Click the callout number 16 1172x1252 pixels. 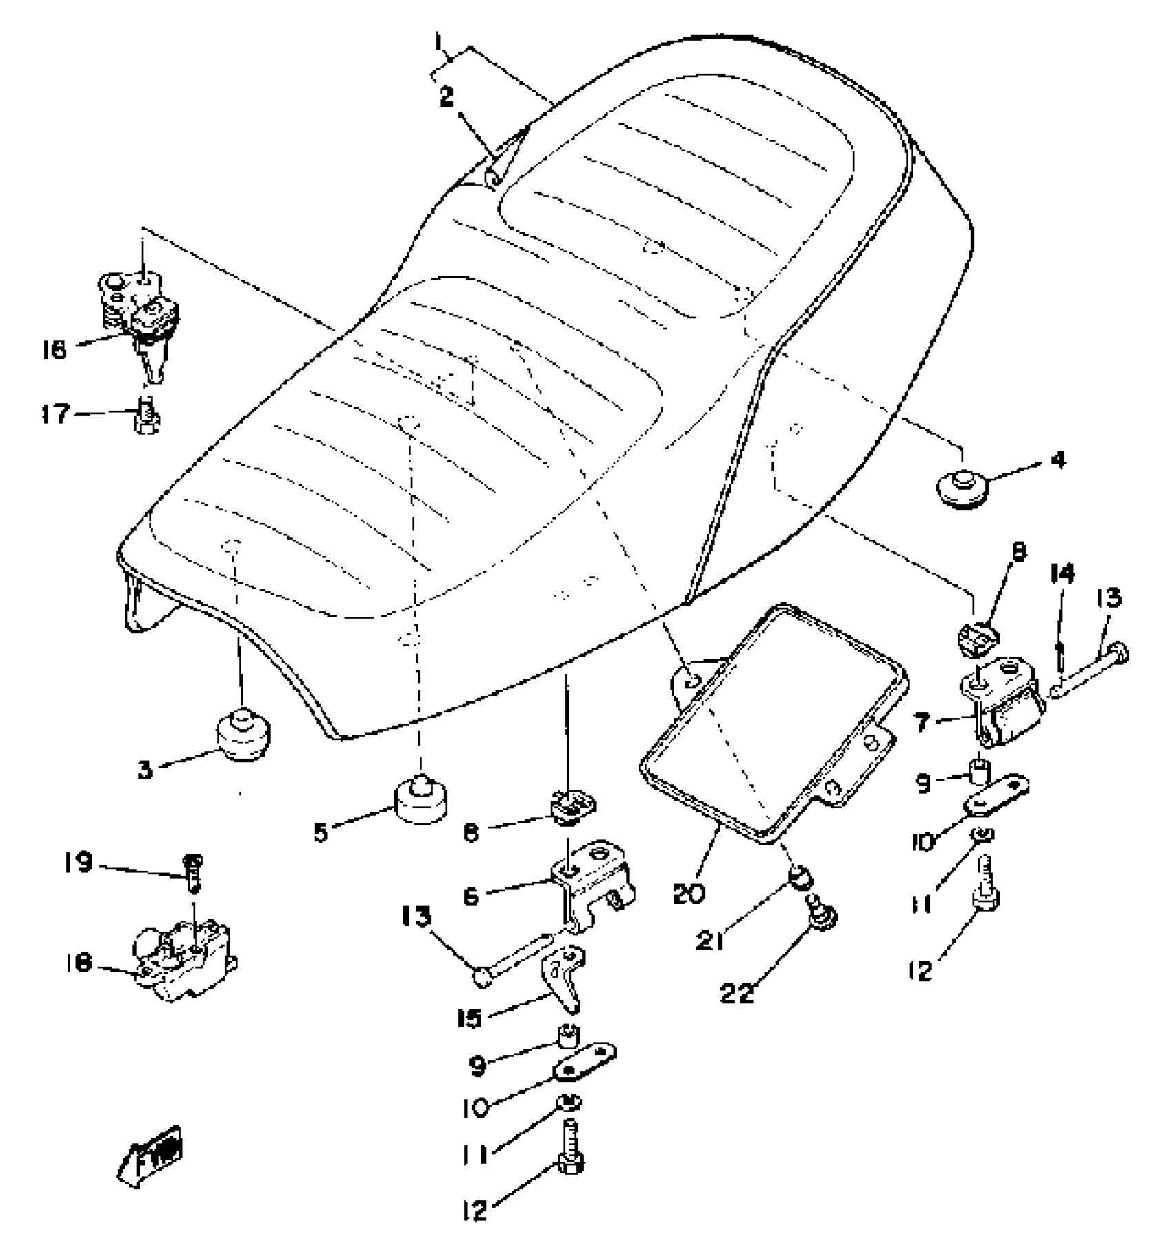click(x=54, y=349)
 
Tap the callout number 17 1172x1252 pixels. click(x=54, y=414)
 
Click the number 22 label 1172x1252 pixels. click(x=737, y=994)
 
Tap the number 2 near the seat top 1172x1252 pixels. click(x=447, y=97)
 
